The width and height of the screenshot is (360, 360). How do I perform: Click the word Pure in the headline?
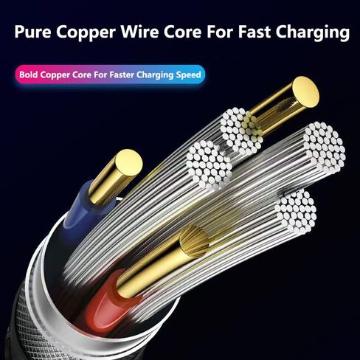coord(33,32)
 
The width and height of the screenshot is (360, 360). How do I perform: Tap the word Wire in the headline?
coord(139,32)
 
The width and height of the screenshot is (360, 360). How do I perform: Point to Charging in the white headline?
coord(312,32)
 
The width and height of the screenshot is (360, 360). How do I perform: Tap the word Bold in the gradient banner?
coord(29,75)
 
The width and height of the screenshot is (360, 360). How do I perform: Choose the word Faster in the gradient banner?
coord(122,75)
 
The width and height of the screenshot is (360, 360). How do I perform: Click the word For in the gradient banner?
coord(100,75)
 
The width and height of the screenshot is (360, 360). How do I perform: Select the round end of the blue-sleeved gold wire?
coord(129,162)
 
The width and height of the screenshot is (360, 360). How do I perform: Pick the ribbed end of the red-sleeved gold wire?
coord(193,241)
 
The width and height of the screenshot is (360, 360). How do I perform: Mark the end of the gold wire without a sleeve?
coord(305,91)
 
